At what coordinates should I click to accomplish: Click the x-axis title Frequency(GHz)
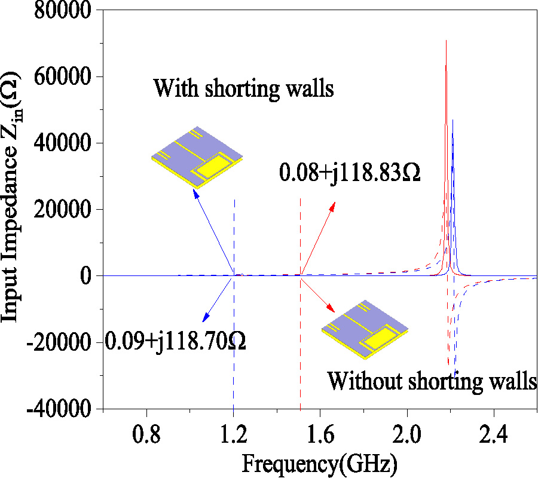coord(319,463)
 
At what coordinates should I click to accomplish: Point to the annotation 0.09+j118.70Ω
coord(176,342)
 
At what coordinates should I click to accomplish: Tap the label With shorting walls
coord(243,89)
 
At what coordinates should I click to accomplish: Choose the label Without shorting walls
coord(432,381)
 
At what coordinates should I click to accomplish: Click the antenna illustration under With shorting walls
coord(198,157)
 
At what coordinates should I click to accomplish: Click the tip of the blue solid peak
coord(453,120)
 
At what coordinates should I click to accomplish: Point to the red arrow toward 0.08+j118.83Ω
coord(318,238)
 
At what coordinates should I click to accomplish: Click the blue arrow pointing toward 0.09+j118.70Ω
coord(218,299)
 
